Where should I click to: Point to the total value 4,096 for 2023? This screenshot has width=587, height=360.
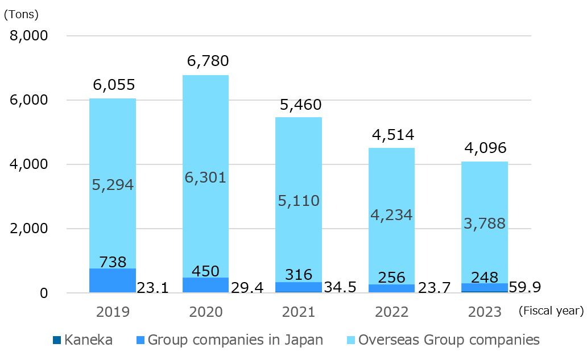click(485, 148)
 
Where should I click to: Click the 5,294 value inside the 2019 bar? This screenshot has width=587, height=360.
click(112, 185)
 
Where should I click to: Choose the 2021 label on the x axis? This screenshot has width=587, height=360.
click(299, 312)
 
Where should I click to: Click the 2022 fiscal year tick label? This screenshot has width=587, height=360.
click(392, 312)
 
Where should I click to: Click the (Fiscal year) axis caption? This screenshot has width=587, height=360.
click(551, 311)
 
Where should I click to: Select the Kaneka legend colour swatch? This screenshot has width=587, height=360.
click(56, 340)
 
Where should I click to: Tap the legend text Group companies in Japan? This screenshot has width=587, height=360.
click(235, 340)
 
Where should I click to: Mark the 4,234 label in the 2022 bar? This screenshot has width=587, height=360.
click(391, 215)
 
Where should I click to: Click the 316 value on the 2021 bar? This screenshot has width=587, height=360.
click(299, 275)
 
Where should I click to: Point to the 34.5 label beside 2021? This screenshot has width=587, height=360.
click(340, 287)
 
